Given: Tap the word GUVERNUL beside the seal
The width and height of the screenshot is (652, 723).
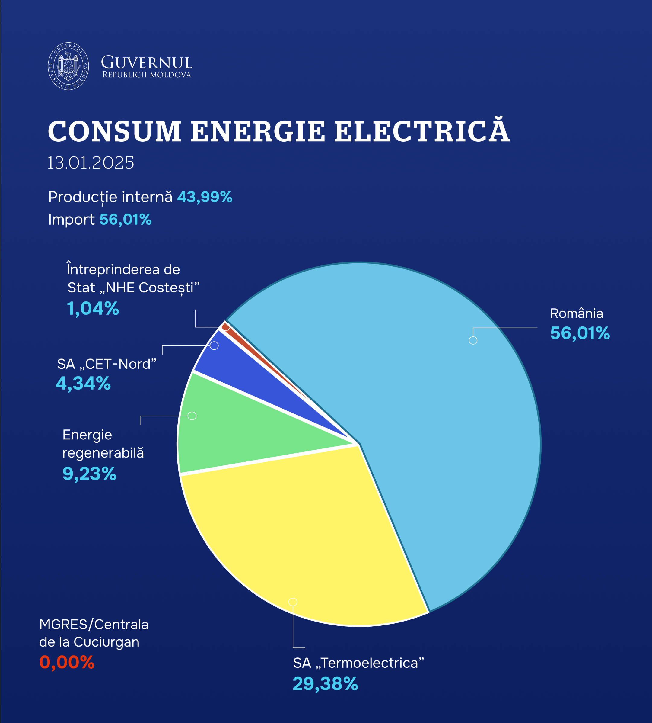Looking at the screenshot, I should click(147, 63).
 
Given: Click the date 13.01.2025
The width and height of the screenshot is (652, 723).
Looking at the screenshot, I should click(91, 163).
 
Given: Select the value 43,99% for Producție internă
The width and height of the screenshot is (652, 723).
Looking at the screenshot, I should click(205, 197).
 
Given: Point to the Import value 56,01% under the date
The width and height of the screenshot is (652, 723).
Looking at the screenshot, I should click(126, 220).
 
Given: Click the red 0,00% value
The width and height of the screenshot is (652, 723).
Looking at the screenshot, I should click(67, 662).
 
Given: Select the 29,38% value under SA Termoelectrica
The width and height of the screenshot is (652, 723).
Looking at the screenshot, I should click(325, 683).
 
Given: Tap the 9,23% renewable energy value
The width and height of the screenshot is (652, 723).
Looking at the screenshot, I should click(89, 474).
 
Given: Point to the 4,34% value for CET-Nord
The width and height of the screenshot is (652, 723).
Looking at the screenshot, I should click(83, 383).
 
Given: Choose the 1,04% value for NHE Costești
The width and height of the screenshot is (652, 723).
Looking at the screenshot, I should click(93, 308).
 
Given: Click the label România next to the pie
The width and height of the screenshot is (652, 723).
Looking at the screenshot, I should click(576, 313).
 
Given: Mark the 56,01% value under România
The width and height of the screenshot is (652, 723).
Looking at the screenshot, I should click(580, 333).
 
